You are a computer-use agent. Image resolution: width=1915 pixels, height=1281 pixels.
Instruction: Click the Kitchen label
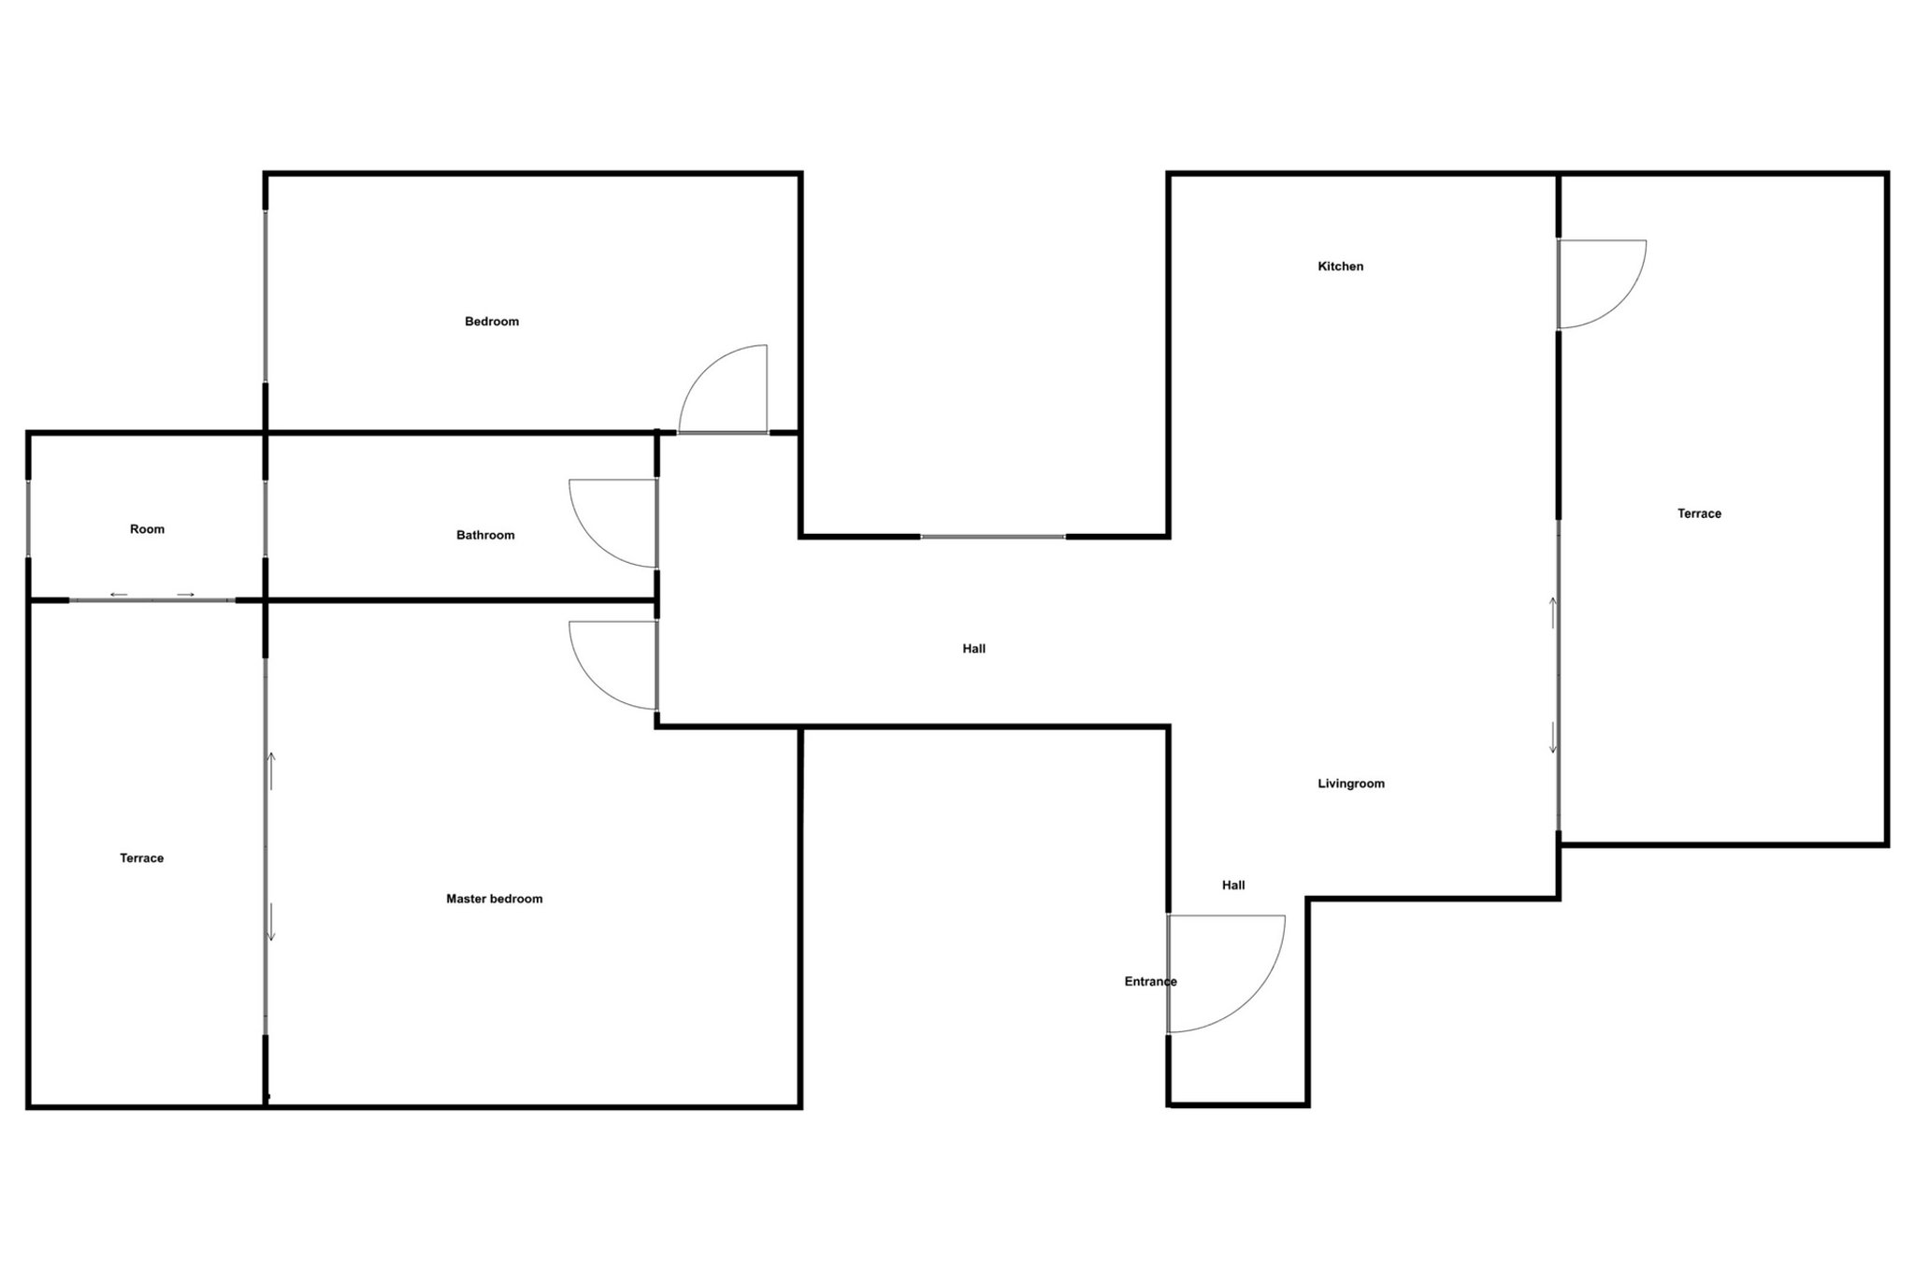point(1340,266)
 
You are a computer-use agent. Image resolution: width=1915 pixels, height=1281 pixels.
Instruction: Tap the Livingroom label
point(1350,784)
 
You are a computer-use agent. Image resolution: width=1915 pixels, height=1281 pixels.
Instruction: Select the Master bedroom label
point(494,899)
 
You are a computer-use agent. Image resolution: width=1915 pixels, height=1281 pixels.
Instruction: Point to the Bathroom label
point(485,535)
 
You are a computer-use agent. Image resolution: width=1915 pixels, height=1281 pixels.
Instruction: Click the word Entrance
point(1150,981)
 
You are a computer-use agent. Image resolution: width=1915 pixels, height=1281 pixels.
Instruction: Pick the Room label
point(147,529)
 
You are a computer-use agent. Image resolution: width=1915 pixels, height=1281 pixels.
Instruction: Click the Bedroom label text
point(492,322)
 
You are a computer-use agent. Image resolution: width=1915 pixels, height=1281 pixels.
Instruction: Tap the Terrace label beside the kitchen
point(1699,513)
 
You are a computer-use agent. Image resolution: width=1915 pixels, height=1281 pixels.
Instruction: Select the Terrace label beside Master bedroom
point(141,858)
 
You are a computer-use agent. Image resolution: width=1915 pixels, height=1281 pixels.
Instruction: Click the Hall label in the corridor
point(973,649)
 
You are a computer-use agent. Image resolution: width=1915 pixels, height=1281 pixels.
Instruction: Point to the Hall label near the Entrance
point(1232,885)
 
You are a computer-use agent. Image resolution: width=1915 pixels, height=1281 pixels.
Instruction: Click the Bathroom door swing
point(608,522)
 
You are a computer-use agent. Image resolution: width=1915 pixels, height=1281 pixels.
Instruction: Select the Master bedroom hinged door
point(608,664)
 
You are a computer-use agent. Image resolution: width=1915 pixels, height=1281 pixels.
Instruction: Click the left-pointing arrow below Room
point(119,595)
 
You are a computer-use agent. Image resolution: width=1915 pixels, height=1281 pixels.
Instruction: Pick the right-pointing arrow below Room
point(186,595)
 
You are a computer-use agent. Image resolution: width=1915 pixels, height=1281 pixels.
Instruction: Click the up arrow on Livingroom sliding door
point(1553,612)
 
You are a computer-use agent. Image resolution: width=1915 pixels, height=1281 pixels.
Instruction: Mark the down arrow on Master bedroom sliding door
point(271,921)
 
